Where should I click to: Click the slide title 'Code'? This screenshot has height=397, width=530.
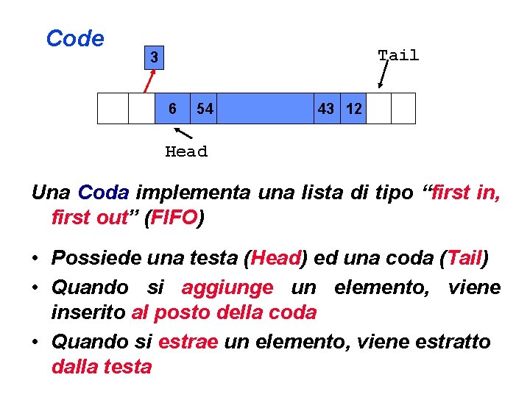pyautogui.click(x=74, y=39)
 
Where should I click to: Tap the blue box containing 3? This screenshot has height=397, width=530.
pyautogui.click(x=153, y=57)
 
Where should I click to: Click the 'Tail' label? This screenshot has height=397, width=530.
pyautogui.click(x=398, y=55)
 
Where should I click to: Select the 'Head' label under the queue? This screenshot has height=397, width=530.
pyautogui.click(x=186, y=151)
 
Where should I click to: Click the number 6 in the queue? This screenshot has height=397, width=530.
pyautogui.click(x=172, y=109)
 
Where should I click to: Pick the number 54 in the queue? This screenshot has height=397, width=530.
pyautogui.click(x=205, y=109)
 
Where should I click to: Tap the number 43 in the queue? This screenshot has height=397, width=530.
pyautogui.click(x=325, y=109)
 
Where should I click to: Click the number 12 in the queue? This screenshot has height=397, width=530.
pyautogui.click(x=353, y=109)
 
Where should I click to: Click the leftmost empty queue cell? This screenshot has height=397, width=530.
pyautogui.click(x=113, y=108)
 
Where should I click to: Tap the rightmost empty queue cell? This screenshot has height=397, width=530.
pyautogui.click(x=403, y=108)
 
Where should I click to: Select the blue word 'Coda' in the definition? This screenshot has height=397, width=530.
pyautogui.click(x=104, y=193)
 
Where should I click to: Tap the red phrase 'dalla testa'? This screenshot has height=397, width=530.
pyautogui.click(x=102, y=366)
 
